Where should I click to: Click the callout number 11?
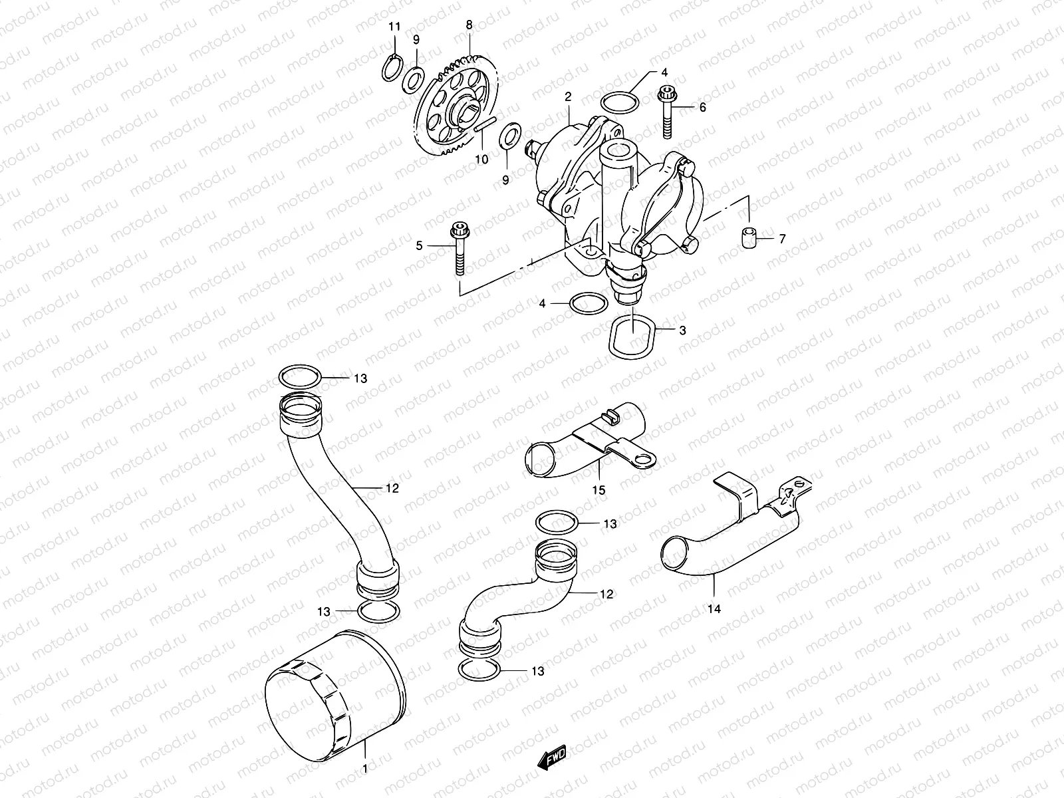pos(395,27)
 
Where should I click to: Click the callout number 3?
pos(683,331)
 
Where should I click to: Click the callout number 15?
pos(598,490)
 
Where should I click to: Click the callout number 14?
pos(714,608)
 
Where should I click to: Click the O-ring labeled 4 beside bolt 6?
pos(619,102)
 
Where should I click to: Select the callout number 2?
pos(568,97)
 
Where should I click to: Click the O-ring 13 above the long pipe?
pos(301,376)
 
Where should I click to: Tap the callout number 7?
pos(782,238)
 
